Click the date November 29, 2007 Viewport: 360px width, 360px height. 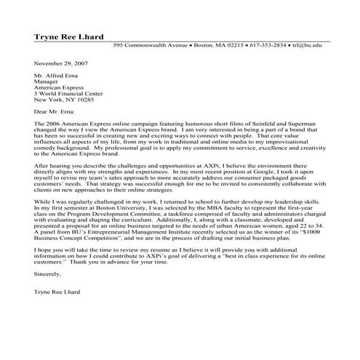tap(60, 64)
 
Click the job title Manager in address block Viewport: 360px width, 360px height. tap(47, 82)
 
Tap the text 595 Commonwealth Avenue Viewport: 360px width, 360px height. tap(151, 45)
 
